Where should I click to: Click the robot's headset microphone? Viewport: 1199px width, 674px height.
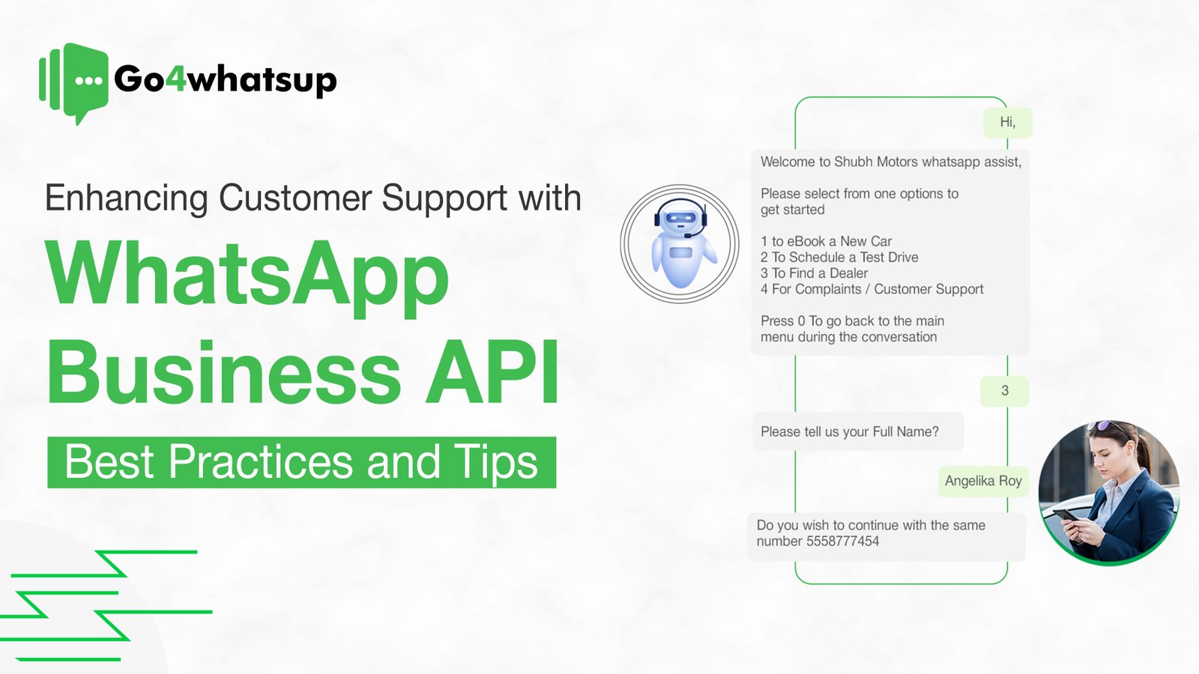(689, 234)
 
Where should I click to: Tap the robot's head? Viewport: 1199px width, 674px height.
(680, 216)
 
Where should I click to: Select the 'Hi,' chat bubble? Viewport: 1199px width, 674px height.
(1007, 122)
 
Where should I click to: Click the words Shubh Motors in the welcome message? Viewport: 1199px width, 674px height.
(876, 162)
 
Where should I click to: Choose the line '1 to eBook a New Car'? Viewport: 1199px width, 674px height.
(826, 241)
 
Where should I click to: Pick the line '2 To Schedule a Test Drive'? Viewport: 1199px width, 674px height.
(839, 257)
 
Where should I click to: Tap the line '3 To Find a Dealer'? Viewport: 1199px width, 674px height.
(814, 273)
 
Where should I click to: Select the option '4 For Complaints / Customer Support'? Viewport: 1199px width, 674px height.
(872, 289)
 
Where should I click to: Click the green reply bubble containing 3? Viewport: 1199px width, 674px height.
(1004, 391)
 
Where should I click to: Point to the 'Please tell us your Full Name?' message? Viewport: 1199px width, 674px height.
(850, 431)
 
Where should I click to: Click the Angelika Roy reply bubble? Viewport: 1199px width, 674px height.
(983, 481)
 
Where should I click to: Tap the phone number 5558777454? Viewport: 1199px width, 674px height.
(843, 541)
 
